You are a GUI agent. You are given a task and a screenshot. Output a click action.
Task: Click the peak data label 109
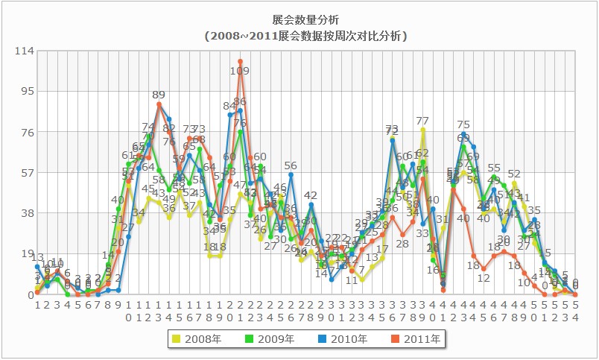point(240,71)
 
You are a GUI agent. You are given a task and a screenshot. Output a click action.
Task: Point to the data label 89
point(159,95)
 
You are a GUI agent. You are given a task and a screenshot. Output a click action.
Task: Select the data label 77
point(422,121)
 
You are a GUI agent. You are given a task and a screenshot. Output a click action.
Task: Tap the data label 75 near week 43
point(463,124)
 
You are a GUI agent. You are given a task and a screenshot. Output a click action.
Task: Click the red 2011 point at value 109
point(241,61)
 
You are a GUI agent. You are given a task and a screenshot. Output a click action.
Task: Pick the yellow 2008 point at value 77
point(422,130)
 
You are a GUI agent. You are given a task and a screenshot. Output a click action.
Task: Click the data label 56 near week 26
point(291,165)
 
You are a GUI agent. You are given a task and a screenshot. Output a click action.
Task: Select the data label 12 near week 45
point(484,278)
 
